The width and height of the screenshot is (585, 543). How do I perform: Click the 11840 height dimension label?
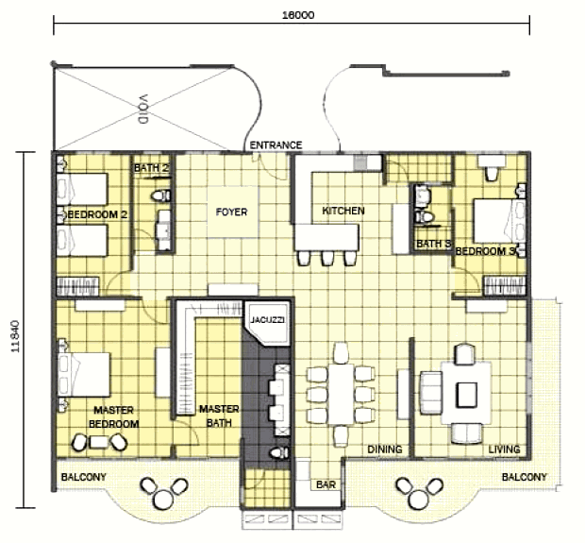coord(15,336)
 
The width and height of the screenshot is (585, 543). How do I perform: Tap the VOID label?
coord(143,109)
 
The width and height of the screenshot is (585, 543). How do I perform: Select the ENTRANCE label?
coord(276,144)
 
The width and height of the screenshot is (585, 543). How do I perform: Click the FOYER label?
coord(232,212)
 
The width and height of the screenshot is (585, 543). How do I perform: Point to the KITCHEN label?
coord(343,211)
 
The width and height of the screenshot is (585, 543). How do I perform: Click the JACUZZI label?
coord(267,320)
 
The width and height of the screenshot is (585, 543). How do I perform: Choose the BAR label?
coord(326,484)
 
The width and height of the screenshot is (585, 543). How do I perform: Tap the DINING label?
coord(385,450)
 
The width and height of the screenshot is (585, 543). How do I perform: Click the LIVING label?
coord(505,450)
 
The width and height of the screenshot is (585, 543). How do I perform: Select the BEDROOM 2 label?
coord(98,214)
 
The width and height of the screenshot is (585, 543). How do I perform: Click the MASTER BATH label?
coord(219,416)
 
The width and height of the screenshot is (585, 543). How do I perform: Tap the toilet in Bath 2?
coord(161,195)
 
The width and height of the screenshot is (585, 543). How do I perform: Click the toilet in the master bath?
coord(279,453)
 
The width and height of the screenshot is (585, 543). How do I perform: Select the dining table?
coord(341,395)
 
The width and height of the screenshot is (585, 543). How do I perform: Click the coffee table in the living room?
coord(466,395)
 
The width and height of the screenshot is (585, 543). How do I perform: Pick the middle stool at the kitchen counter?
coord(327,258)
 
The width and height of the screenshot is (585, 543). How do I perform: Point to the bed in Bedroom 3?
coord(499,221)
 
